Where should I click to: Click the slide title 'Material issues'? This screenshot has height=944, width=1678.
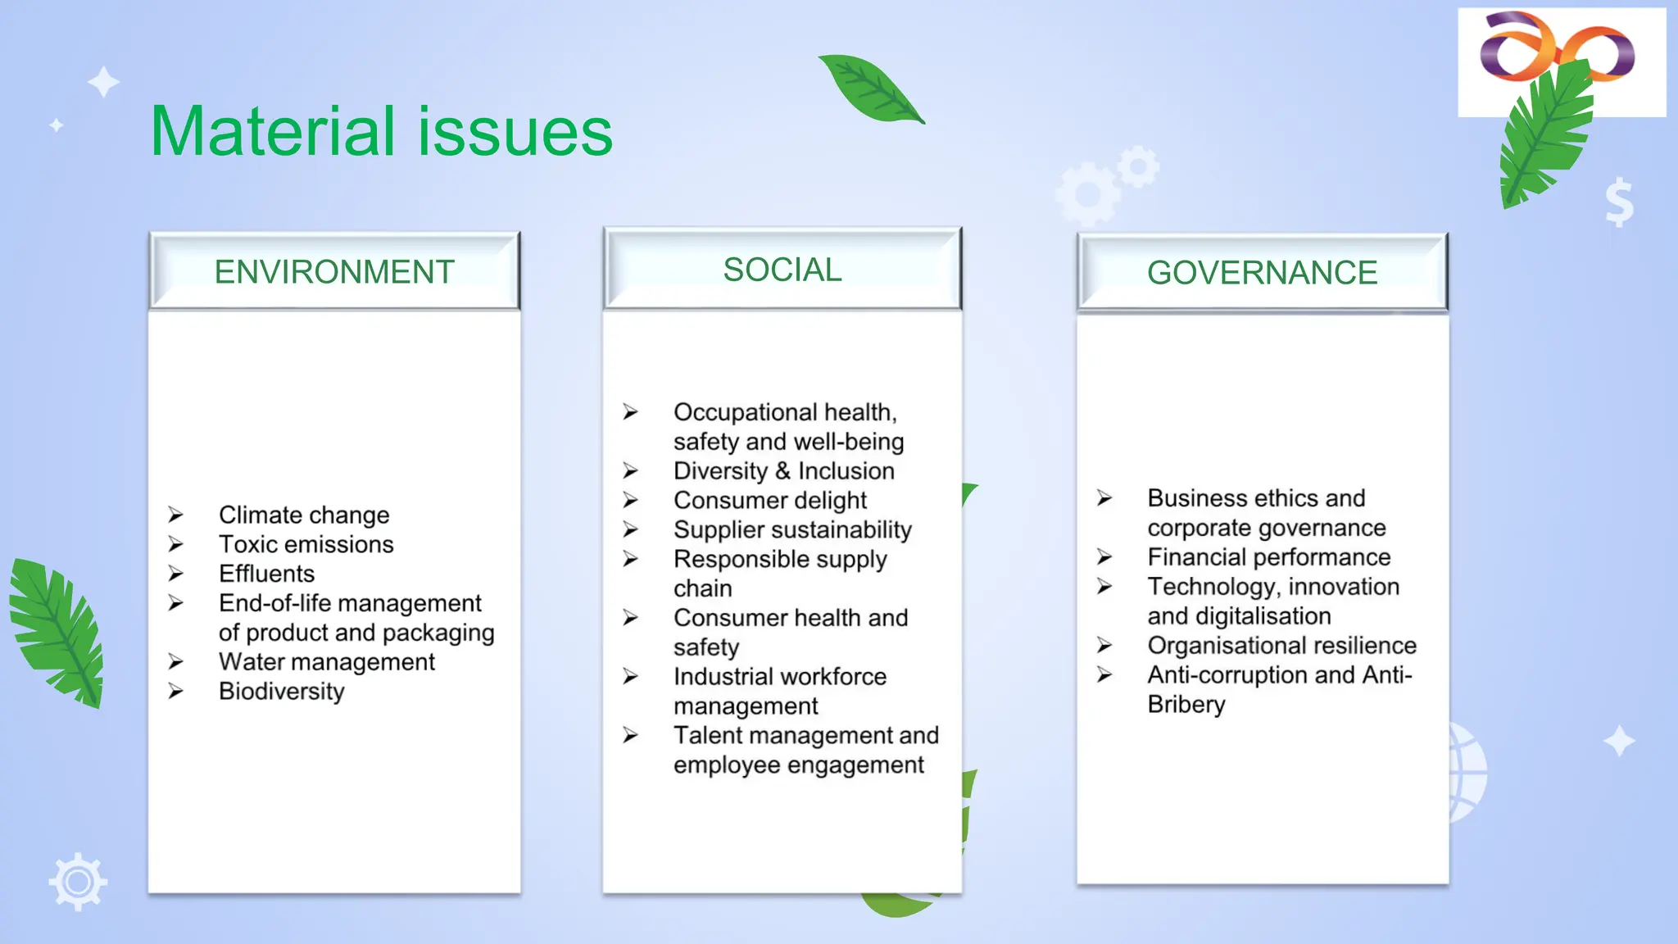[381, 131]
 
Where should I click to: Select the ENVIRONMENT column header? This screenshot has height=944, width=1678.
[334, 271]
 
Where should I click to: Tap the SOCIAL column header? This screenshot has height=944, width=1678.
[782, 270]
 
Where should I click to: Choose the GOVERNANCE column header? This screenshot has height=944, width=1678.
[1262, 272]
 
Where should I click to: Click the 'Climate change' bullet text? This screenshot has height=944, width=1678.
[304, 515]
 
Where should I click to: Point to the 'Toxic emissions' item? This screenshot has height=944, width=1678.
[306, 544]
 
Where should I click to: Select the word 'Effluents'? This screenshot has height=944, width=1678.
[266, 574]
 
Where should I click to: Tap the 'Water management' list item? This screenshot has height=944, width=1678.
[326, 661]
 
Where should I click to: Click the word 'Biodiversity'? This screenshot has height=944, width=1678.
[281, 691]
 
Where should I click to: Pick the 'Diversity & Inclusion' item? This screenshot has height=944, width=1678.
[783, 470]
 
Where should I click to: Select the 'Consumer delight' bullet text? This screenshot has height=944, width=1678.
[769, 500]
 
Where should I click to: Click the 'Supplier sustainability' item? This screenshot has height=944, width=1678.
[792, 529]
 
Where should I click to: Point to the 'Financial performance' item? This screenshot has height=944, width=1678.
[1268, 557]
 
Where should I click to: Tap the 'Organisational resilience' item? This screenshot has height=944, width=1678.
[1281, 645]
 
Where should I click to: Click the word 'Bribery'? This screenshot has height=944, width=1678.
[1186, 704]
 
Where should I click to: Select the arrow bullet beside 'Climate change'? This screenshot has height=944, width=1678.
[175, 515]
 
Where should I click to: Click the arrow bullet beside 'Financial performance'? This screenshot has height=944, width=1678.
[1104, 557]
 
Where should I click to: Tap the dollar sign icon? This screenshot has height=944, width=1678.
[1619, 202]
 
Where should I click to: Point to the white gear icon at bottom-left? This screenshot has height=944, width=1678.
[78, 882]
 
